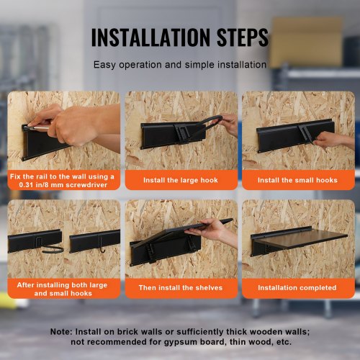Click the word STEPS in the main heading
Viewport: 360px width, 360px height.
pyautogui.click(x=243, y=37)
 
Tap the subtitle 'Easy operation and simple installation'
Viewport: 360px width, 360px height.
pyautogui.click(x=180, y=65)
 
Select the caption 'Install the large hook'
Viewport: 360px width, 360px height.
pyautogui.click(x=181, y=180)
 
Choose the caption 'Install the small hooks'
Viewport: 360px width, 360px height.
pyautogui.click(x=297, y=180)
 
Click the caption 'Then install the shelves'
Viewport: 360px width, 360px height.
pyautogui.click(x=181, y=287)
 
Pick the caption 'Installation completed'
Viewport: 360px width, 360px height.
pyautogui.click(x=297, y=287)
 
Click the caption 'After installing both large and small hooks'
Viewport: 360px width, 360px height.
pyautogui.click(x=63, y=289)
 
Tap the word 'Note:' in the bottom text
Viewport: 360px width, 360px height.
pyautogui.click(x=61, y=332)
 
